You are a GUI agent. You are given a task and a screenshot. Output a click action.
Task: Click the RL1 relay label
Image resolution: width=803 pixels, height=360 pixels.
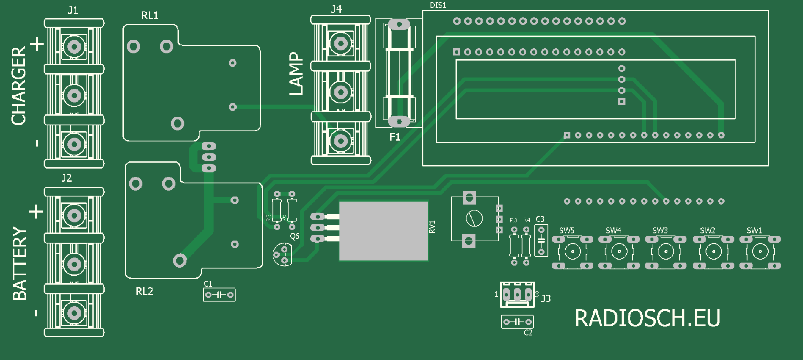(x=150, y=16)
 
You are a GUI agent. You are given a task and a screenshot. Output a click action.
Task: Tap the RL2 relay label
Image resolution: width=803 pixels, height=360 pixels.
(x=144, y=291)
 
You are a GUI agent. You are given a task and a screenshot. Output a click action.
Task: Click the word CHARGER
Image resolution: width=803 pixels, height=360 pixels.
(x=19, y=86)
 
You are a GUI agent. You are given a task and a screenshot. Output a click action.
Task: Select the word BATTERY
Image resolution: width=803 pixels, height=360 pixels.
(x=19, y=263)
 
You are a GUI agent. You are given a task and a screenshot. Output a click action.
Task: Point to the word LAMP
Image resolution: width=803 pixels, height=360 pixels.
(x=296, y=74)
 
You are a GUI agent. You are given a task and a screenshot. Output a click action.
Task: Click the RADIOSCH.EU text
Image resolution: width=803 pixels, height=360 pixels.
(x=647, y=318)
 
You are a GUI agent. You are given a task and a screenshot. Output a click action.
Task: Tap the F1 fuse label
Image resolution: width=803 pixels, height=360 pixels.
(x=395, y=137)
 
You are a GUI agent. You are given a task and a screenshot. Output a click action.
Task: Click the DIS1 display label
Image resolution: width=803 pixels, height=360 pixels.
(x=438, y=6)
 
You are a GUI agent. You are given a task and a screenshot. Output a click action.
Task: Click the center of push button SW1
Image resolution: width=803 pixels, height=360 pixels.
(x=760, y=252)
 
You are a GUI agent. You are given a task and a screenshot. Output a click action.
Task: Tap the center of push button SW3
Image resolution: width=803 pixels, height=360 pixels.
(x=666, y=252)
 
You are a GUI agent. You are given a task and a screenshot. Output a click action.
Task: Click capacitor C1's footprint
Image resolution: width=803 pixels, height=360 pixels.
(x=219, y=295)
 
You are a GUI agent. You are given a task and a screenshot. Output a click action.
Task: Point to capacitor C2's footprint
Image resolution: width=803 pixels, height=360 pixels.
(x=517, y=322)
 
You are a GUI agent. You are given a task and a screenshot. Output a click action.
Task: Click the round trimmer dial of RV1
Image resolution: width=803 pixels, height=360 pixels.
(x=474, y=219)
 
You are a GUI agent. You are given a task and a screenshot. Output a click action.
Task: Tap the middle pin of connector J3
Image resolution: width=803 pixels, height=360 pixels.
(x=517, y=294)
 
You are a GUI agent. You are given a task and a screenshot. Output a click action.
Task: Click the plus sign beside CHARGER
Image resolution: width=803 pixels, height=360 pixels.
(x=37, y=43)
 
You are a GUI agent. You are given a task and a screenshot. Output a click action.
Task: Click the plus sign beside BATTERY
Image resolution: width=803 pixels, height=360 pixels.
(x=36, y=211)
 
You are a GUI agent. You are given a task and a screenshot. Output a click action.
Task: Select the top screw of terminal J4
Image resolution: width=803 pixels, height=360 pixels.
(x=340, y=43)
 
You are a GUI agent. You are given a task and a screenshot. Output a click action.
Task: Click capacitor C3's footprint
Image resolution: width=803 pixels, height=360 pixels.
(x=541, y=241)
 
